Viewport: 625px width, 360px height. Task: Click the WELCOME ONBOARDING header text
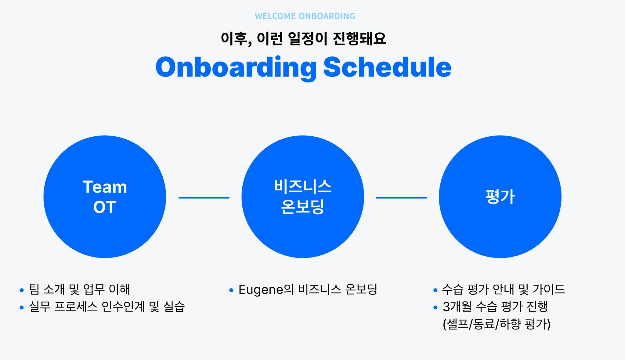tap(305, 16)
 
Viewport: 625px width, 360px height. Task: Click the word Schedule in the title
tap(387, 67)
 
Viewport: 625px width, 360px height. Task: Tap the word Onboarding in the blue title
tap(236, 67)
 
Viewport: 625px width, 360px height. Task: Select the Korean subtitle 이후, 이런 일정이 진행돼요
tap(304, 39)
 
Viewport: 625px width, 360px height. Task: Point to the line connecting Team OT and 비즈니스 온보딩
tap(204, 198)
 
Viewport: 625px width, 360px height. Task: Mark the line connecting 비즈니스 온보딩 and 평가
tap(401, 198)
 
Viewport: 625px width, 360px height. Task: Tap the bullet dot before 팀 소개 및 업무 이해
tap(22, 290)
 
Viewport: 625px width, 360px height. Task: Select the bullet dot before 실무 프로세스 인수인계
tap(22, 308)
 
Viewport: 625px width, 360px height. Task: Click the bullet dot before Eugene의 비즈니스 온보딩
tap(231, 290)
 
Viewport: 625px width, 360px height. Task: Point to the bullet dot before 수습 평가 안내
tap(435, 290)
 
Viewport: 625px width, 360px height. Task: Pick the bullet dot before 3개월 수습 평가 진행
tap(435, 308)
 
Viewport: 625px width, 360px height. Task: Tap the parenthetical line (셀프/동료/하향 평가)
tap(497, 324)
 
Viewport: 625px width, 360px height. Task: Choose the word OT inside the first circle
tap(105, 207)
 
